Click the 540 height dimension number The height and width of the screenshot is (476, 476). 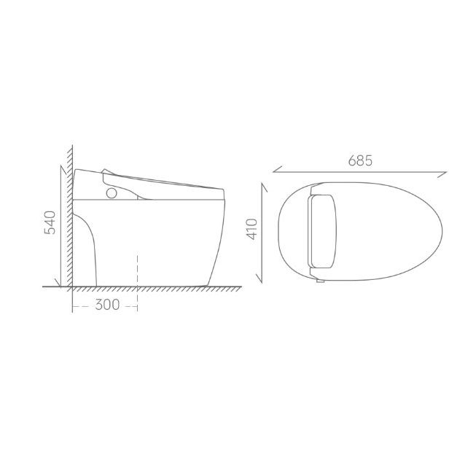[50, 223]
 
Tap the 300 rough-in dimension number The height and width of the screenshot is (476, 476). [107, 305]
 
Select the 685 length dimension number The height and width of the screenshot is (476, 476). [360, 161]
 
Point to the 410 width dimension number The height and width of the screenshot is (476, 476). [250, 228]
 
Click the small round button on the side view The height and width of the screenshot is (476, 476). [112, 194]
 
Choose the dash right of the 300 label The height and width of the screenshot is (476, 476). [130, 305]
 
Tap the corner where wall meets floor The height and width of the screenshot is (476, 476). [71, 286]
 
